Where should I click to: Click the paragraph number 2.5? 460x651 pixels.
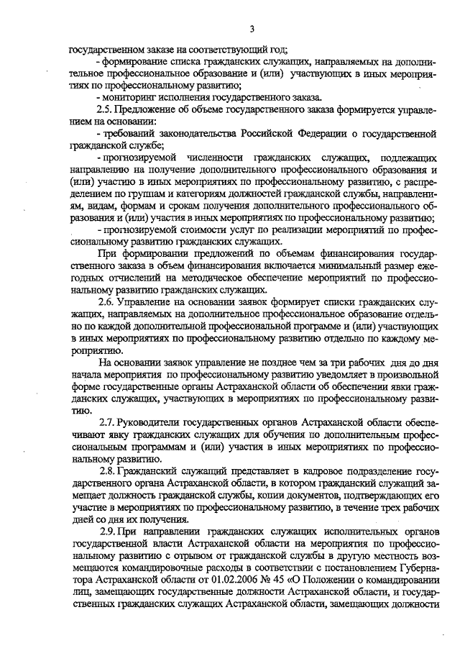point(105,109)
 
